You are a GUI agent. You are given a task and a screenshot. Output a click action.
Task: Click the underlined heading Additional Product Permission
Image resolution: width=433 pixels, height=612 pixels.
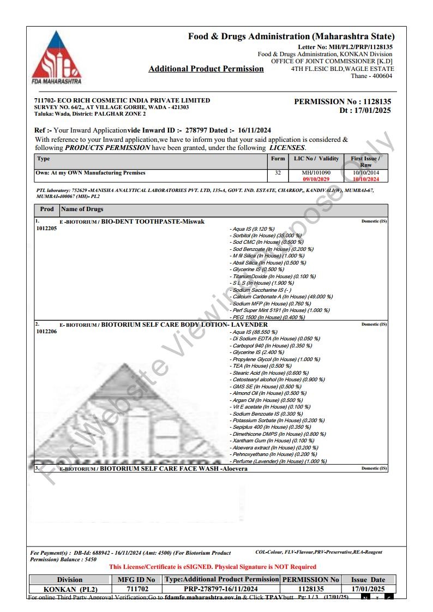pyautogui.click(x=206, y=69)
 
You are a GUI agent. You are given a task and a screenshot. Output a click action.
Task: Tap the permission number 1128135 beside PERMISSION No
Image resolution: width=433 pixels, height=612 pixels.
pyautogui.click(x=377, y=101)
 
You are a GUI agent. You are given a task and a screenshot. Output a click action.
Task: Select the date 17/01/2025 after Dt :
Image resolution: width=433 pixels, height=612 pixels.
pyautogui.click(x=372, y=110)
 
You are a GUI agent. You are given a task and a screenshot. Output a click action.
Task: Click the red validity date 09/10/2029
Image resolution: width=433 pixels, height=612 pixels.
pyautogui.click(x=316, y=179)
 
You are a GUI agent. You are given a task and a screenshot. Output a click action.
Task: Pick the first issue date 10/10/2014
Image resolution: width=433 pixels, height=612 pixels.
pyautogui.click(x=365, y=173)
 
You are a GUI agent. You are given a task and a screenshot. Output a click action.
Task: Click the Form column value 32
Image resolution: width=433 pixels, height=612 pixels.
pyautogui.click(x=278, y=173)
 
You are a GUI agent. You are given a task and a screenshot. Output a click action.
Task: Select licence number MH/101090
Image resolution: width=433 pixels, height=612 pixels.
pyautogui.click(x=316, y=173)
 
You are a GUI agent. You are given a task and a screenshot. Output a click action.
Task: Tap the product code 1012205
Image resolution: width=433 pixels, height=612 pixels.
pyautogui.click(x=46, y=229)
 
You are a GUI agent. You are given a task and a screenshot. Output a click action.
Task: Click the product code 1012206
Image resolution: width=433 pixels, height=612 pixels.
pyautogui.click(x=46, y=331)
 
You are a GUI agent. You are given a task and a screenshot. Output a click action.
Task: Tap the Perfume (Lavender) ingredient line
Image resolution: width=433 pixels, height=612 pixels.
pyautogui.click(x=279, y=461)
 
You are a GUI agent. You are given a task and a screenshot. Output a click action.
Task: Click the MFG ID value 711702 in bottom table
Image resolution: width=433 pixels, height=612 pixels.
pyautogui.click(x=136, y=589)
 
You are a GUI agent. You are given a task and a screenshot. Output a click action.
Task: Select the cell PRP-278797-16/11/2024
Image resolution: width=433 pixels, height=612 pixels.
pyautogui.click(x=221, y=589)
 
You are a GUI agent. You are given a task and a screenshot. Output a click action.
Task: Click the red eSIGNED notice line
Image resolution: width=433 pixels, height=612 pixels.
pyautogui.click(x=213, y=567)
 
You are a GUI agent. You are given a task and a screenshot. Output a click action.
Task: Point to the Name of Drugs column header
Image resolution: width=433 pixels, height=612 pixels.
pyautogui.click(x=82, y=209)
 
